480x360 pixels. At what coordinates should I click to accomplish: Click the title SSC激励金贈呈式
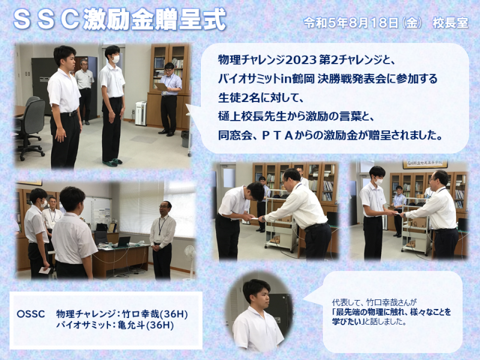point(119,19)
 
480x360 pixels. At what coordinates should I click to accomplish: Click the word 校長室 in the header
point(451,23)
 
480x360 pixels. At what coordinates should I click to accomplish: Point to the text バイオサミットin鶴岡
point(266,79)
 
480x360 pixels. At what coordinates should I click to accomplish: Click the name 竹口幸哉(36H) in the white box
point(155,314)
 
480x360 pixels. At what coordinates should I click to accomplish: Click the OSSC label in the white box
point(31,314)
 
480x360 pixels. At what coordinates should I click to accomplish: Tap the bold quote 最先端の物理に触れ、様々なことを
point(392,312)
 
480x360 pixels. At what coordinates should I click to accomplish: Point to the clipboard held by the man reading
point(161,86)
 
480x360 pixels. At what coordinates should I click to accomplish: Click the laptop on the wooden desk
point(122,242)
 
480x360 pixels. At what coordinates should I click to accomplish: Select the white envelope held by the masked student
point(44,271)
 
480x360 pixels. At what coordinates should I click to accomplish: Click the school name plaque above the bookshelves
point(425,164)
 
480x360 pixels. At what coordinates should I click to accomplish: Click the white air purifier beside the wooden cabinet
point(141,113)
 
